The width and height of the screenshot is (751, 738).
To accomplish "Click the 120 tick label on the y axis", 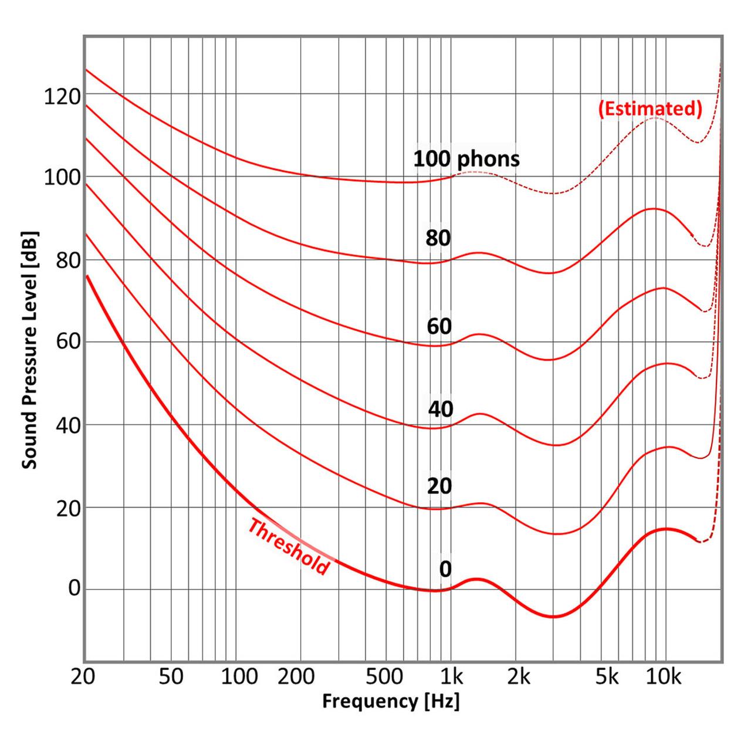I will click(x=62, y=96).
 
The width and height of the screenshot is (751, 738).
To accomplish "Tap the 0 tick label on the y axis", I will click(x=74, y=589).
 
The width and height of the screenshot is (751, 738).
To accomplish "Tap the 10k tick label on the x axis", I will click(x=664, y=677).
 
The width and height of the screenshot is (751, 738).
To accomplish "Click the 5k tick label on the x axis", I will click(x=607, y=677).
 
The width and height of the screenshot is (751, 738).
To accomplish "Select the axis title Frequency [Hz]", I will click(x=391, y=701).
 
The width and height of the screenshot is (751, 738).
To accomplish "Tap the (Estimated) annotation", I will click(x=649, y=109).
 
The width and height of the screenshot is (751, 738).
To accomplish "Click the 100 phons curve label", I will click(x=466, y=158).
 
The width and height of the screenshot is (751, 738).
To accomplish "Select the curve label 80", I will click(x=438, y=238).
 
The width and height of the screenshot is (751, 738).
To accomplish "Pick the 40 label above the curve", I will click(x=441, y=409).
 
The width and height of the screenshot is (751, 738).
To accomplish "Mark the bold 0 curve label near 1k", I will click(x=445, y=569).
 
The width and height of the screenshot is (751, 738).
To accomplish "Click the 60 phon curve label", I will click(x=439, y=326).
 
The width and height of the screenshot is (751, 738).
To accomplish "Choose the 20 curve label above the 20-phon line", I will click(x=439, y=486).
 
